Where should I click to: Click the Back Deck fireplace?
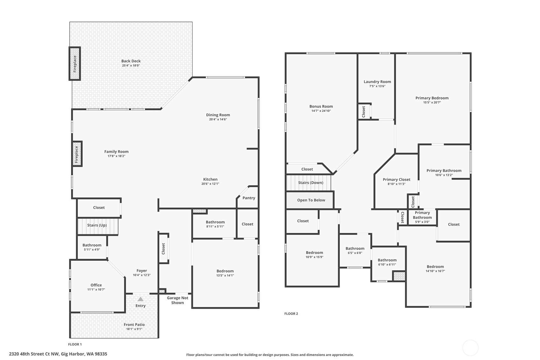tap(75, 64)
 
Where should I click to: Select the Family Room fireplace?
tap(77, 154)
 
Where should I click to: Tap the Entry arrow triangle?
tap(141, 299)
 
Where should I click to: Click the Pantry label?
tap(249, 198)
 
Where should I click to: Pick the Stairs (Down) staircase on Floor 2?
tap(309, 182)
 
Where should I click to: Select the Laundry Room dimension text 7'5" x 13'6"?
tap(377, 86)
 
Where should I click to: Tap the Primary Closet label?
tap(396, 180)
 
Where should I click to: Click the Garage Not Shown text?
tap(178, 300)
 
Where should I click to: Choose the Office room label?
tap(96, 285)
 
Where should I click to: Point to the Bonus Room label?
tap(321, 106)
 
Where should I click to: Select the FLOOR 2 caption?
tap(291, 314)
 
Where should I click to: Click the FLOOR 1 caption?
tap(75, 344)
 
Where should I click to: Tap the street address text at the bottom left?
tap(58, 354)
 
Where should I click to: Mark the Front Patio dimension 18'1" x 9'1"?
tap(134, 329)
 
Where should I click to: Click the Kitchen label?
tap(210, 179)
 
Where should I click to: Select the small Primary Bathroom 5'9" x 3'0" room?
tap(422, 217)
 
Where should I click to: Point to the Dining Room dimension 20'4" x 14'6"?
tap(218, 119)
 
